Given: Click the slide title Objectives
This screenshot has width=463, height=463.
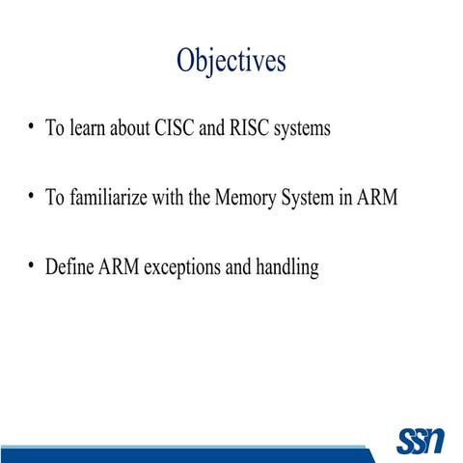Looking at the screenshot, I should [x=231, y=61].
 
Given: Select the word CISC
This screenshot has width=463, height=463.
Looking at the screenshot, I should [x=175, y=128].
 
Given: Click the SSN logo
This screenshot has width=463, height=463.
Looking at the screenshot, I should [x=420, y=441].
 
